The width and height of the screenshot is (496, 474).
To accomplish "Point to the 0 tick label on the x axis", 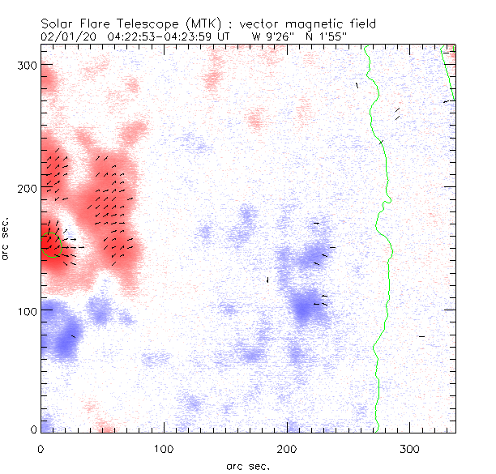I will [41, 448].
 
